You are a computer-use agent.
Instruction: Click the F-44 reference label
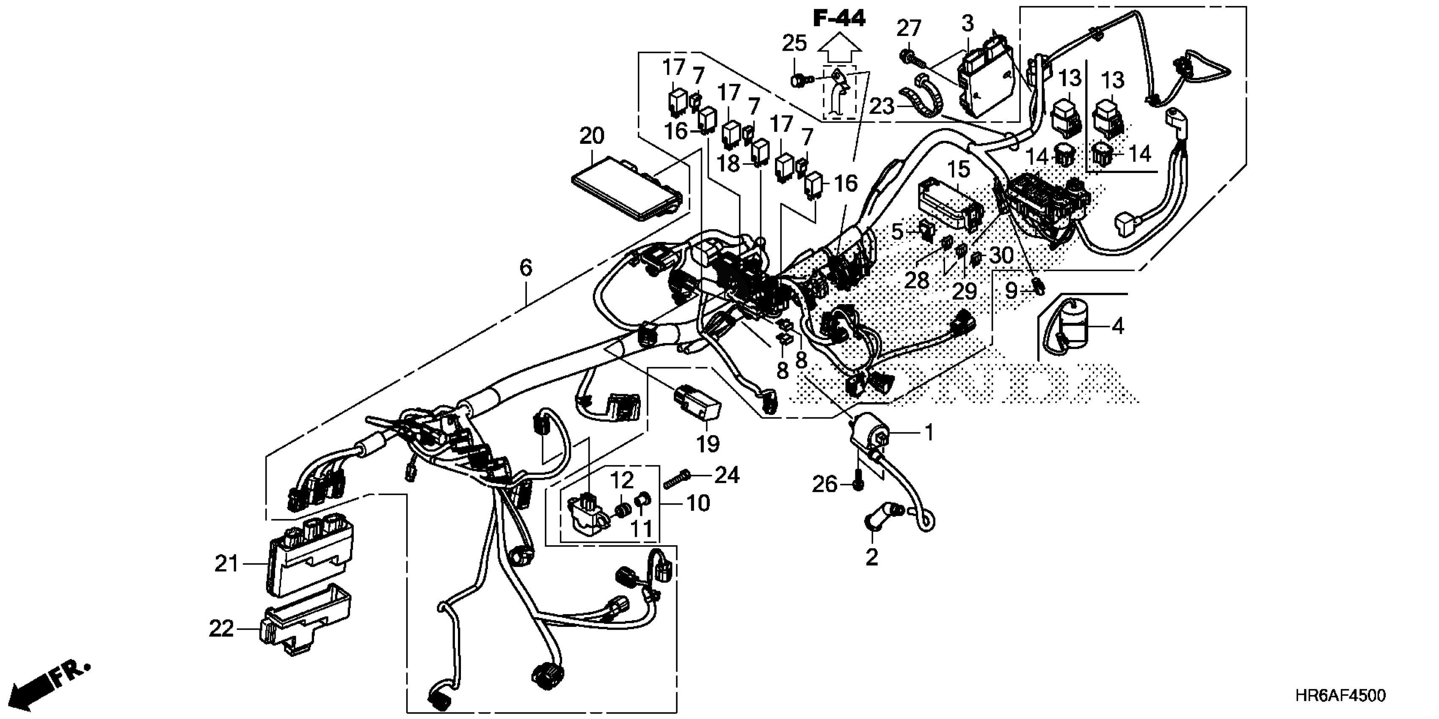839,19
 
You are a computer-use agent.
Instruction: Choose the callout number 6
526,268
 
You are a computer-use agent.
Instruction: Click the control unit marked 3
986,84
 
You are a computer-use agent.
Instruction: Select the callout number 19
708,444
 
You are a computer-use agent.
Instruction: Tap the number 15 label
959,170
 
